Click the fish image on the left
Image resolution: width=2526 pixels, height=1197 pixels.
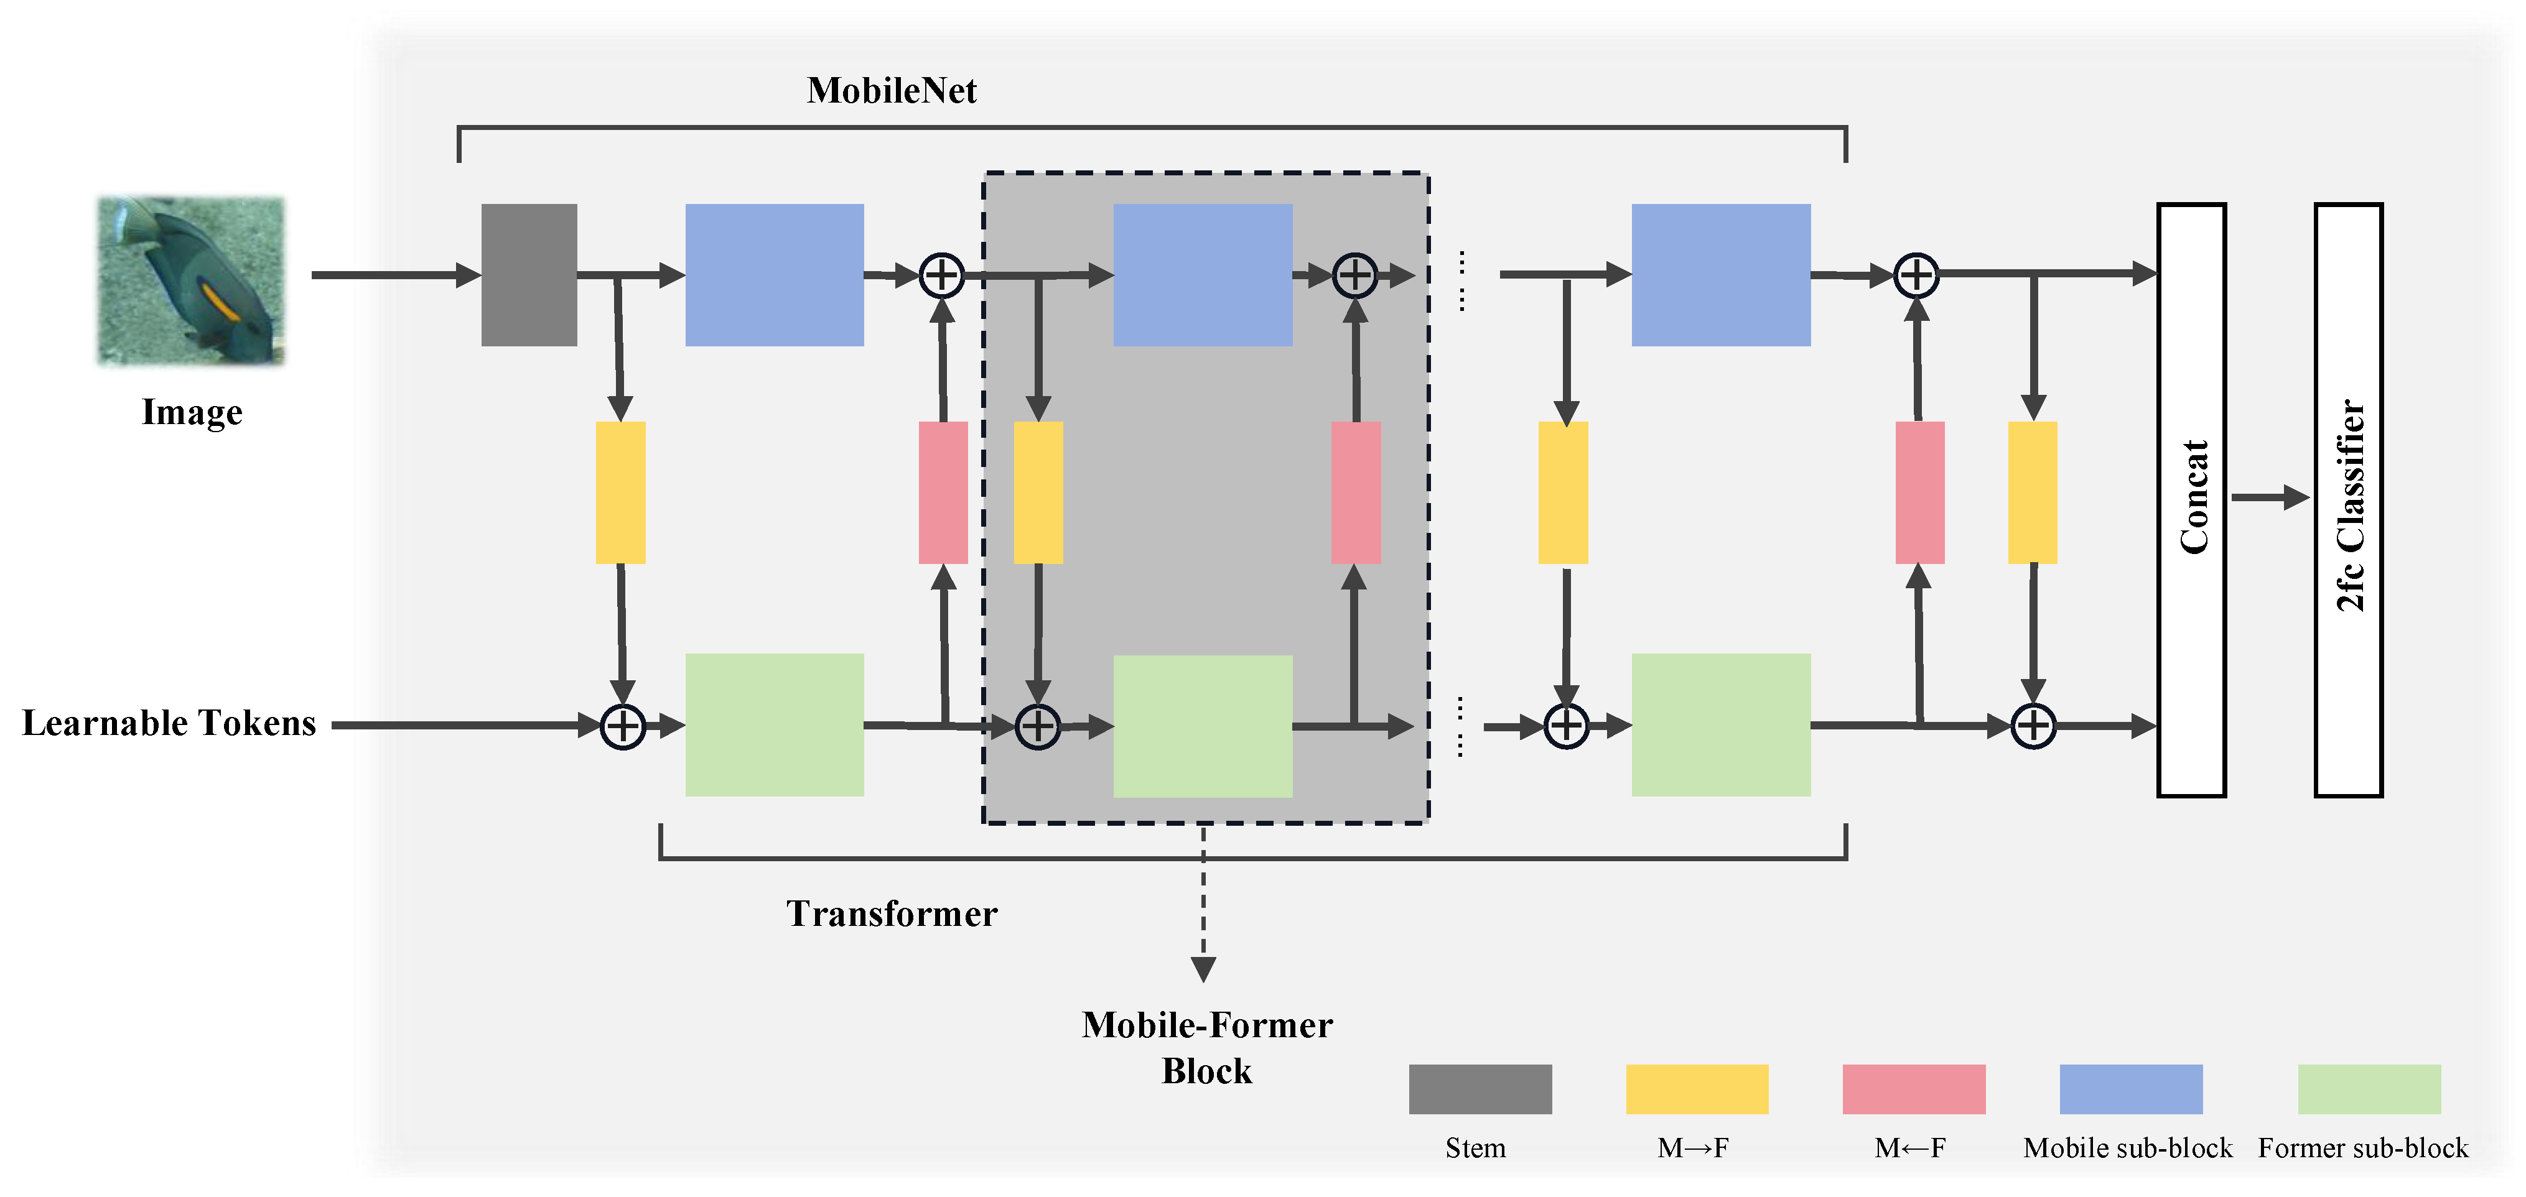[x=191, y=281]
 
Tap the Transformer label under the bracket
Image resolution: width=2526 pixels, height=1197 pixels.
[x=892, y=913]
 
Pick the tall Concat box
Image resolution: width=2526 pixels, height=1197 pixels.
[x=2192, y=500]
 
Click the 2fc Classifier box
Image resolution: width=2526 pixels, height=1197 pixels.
[x=2349, y=500]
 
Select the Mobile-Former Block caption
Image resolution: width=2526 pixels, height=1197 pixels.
[x=1207, y=1048]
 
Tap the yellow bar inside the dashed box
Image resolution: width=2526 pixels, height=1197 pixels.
[x=1038, y=492]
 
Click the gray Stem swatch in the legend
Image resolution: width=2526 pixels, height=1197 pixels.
[x=1480, y=1089]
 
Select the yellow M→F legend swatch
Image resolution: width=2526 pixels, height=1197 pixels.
[x=1697, y=1089]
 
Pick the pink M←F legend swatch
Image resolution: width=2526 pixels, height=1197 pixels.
[x=1913, y=1089]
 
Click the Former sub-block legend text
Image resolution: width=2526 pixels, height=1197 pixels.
[x=2363, y=1148]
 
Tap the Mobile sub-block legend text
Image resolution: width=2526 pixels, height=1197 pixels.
[x=2128, y=1148]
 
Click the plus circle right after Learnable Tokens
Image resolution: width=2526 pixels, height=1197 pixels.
[x=623, y=726]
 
